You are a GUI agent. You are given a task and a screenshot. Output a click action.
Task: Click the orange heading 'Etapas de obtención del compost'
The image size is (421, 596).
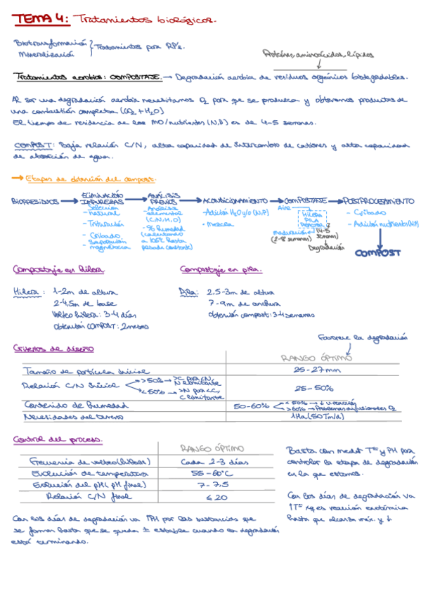(x=89, y=180)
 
